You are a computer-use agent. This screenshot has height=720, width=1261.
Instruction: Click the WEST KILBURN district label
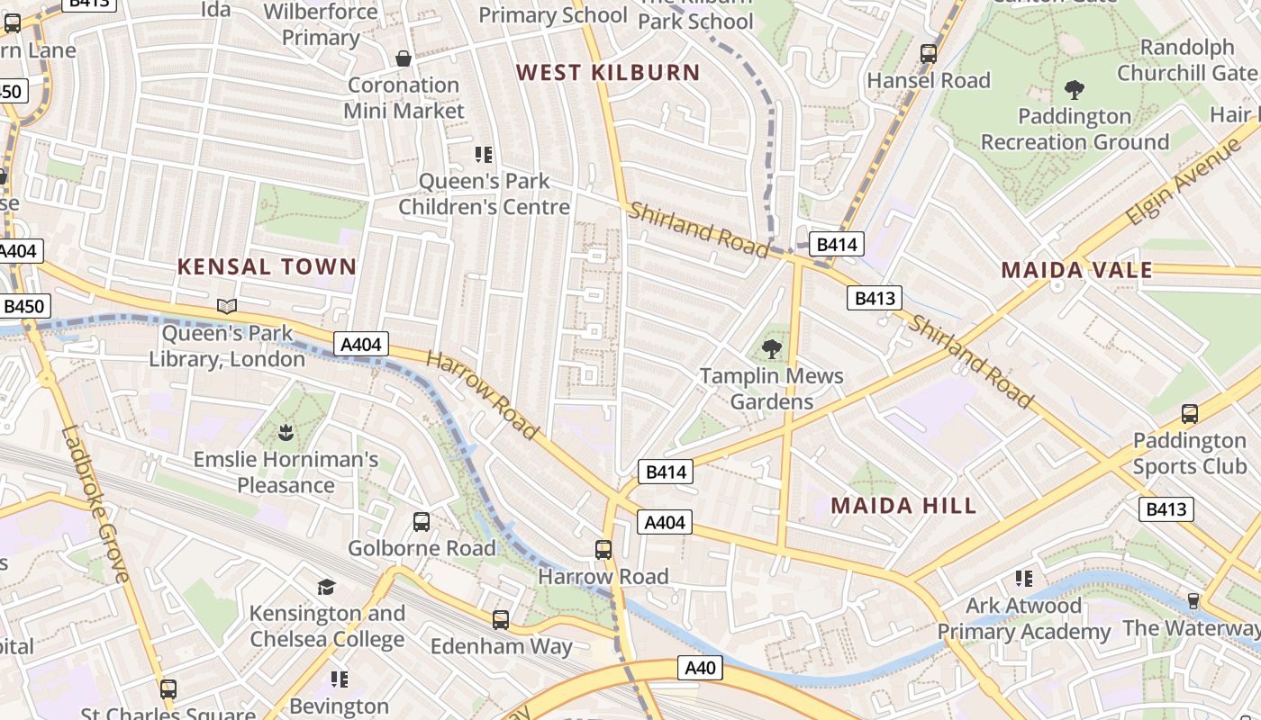pyautogui.click(x=608, y=73)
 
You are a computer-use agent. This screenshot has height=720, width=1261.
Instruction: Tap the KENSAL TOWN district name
pyautogui.click(x=267, y=266)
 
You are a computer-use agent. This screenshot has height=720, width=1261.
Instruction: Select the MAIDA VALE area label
pyautogui.click(x=1076, y=270)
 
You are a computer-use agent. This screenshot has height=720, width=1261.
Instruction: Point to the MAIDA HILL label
pyautogui.click(x=903, y=505)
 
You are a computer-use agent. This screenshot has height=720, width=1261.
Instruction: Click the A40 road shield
pyautogui.click(x=700, y=668)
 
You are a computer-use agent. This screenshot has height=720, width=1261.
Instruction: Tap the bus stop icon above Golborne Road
pyautogui.click(x=421, y=521)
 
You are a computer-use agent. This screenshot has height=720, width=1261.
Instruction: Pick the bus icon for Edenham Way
pyautogui.click(x=501, y=619)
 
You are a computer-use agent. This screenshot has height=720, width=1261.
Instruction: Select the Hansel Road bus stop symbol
pyautogui.click(x=929, y=54)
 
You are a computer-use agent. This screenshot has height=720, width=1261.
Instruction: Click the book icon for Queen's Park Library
pyautogui.click(x=227, y=307)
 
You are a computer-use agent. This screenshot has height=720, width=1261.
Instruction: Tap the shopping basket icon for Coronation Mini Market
pyautogui.click(x=404, y=58)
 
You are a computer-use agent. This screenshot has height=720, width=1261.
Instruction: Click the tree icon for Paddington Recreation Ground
pyautogui.click(x=1074, y=89)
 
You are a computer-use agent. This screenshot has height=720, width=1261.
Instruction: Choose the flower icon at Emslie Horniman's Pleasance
pyautogui.click(x=286, y=433)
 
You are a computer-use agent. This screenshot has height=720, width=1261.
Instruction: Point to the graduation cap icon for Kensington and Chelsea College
pyautogui.click(x=326, y=587)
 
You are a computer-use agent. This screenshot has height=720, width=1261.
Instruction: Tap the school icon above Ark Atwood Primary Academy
pyautogui.click(x=1023, y=578)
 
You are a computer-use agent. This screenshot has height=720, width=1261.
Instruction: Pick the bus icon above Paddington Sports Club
pyautogui.click(x=1189, y=414)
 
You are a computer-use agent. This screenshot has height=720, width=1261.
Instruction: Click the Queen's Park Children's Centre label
pyautogui.click(x=485, y=193)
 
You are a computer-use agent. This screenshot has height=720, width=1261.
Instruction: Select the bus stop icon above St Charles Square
pyautogui.click(x=168, y=689)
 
